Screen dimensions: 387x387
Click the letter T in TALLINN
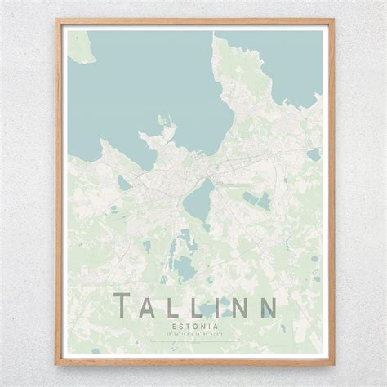tap(128, 309)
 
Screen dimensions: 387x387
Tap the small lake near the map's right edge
tap(314, 153)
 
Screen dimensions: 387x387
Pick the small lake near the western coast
tap(123, 182)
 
